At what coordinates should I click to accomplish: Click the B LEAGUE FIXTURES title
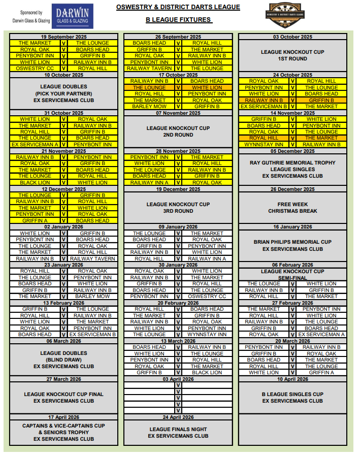(178, 20)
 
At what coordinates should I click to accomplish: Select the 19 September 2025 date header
(64, 37)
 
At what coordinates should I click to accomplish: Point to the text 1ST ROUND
(292, 59)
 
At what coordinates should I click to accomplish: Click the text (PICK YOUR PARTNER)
(64, 93)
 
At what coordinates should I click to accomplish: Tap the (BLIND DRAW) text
(64, 360)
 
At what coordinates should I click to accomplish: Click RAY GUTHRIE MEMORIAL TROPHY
(292, 163)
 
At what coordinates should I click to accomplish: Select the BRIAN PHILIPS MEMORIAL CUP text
(292, 242)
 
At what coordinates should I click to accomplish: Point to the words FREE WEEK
(292, 205)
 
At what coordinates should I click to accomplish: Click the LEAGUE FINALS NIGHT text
(178, 430)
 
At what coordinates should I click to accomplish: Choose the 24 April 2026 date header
(178, 417)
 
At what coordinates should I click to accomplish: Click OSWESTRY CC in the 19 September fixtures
(35, 69)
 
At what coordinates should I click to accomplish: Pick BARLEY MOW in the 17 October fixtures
(149, 107)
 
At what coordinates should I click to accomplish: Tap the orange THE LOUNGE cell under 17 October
(149, 87)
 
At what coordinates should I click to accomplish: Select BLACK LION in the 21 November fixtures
(35, 182)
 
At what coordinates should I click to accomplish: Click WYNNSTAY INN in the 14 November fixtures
(264, 144)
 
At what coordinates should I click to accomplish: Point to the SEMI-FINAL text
(292, 277)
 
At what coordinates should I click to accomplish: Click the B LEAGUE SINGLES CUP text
(292, 394)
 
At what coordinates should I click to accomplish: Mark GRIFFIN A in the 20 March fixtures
(321, 372)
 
